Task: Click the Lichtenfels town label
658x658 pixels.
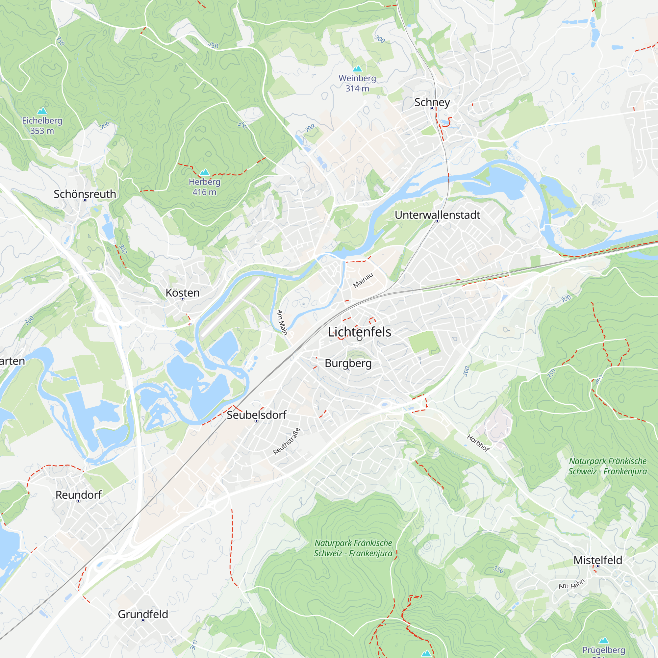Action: pos(359,332)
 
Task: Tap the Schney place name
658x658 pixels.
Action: pos(432,102)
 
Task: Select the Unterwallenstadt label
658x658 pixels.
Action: pos(437,215)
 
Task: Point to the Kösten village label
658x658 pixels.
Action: pos(183,292)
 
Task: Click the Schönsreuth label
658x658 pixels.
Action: pos(85,194)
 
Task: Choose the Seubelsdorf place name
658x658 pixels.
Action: pos(257,415)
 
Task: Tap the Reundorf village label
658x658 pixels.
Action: pos(78,495)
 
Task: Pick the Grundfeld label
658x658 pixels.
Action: pos(143,614)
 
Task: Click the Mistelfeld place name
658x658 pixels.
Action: pos(598,560)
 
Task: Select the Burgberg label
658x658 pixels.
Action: pos(348,363)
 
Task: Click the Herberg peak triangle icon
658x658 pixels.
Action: pos(204,172)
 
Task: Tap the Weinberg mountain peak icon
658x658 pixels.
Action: pos(357,69)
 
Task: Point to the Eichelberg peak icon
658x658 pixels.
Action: pos(42,111)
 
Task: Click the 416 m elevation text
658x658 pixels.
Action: pos(204,192)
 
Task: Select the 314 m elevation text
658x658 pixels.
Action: pos(357,89)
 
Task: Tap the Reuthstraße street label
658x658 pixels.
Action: pos(287,442)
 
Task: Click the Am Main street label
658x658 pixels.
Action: pos(282,322)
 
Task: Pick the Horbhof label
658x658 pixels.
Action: pos(478,443)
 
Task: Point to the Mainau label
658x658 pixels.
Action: pos(363,280)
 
